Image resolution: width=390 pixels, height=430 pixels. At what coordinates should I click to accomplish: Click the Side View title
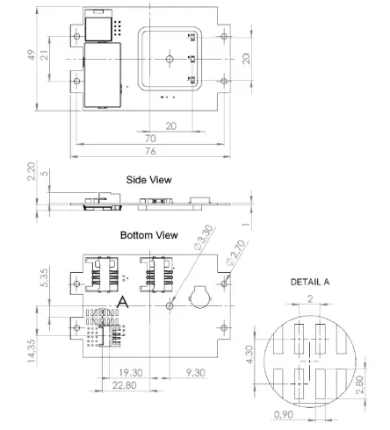(x=149, y=179)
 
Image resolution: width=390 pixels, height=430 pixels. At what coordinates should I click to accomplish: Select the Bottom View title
(x=149, y=235)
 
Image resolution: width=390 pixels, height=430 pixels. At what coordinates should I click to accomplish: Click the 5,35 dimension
(x=32, y=280)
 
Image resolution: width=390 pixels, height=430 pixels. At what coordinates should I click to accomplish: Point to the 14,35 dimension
(x=32, y=348)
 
